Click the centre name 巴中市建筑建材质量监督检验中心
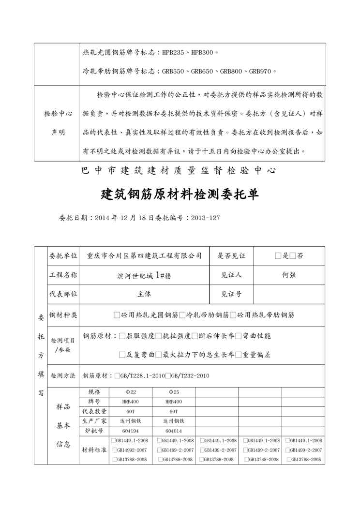[180, 170]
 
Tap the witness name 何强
[289, 274]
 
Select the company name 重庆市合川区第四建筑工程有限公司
[144, 255]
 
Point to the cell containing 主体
[144, 293]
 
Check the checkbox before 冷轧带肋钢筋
[182, 315]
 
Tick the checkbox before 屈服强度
[122, 336]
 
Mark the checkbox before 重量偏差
[238, 355]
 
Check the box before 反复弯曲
[122, 355]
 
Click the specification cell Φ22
[131, 391]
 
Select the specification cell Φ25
[173, 391]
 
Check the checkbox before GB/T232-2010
[167, 375]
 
